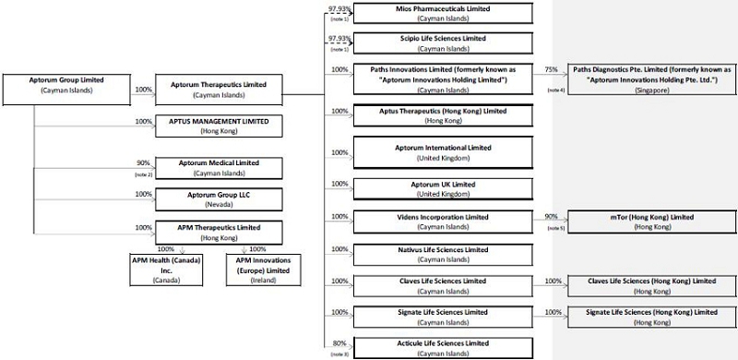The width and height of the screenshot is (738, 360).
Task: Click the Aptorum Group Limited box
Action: pyautogui.click(x=66, y=89)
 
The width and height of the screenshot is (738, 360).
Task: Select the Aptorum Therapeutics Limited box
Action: pyautogui.click(x=219, y=90)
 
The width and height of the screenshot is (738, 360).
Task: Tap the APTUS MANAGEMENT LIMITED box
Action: pyautogui.click(x=219, y=126)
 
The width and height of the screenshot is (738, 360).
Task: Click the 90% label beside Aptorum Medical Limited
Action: pyautogui.click(x=143, y=163)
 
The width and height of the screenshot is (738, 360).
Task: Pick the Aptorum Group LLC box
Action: pyautogui.click(x=219, y=199)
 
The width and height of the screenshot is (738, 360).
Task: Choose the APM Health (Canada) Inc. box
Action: pyautogui.click(x=167, y=270)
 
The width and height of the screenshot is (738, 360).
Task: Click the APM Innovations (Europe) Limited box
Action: pyautogui.click(x=264, y=270)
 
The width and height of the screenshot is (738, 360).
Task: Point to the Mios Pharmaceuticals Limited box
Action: pyautogui.click(x=443, y=13)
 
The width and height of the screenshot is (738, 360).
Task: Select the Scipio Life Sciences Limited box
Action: pyautogui.click(x=443, y=42)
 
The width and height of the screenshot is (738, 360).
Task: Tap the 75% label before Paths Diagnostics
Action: pyautogui.click(x=551, y=69)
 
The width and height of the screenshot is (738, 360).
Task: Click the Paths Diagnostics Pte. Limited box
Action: pyautogui.click(x=652, y=79)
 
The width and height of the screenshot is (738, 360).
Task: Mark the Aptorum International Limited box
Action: pyautogui.click(x=443, y=152)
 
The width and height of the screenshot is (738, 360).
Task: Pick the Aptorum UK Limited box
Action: pyautogui.click(x=443, y=189)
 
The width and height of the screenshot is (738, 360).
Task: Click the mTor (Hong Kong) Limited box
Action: pyautogui.click(x=652, y=222)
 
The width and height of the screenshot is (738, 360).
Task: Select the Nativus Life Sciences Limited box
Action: pyautogui.click(x=443, y=255)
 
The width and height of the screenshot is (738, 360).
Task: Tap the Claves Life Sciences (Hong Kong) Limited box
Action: pyautogui.click(x=652, y=286)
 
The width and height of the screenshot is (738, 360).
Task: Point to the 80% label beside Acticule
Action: pyautogui.click(x=339, y=343)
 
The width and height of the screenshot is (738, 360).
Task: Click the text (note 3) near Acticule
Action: pyautogui.click(x=339, y=354)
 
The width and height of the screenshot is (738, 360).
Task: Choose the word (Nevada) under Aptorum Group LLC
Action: pyautogui.click(x=219, y=205)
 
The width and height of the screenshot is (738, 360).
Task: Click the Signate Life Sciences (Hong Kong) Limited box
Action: pyautogui.click(x=652, y=318)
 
